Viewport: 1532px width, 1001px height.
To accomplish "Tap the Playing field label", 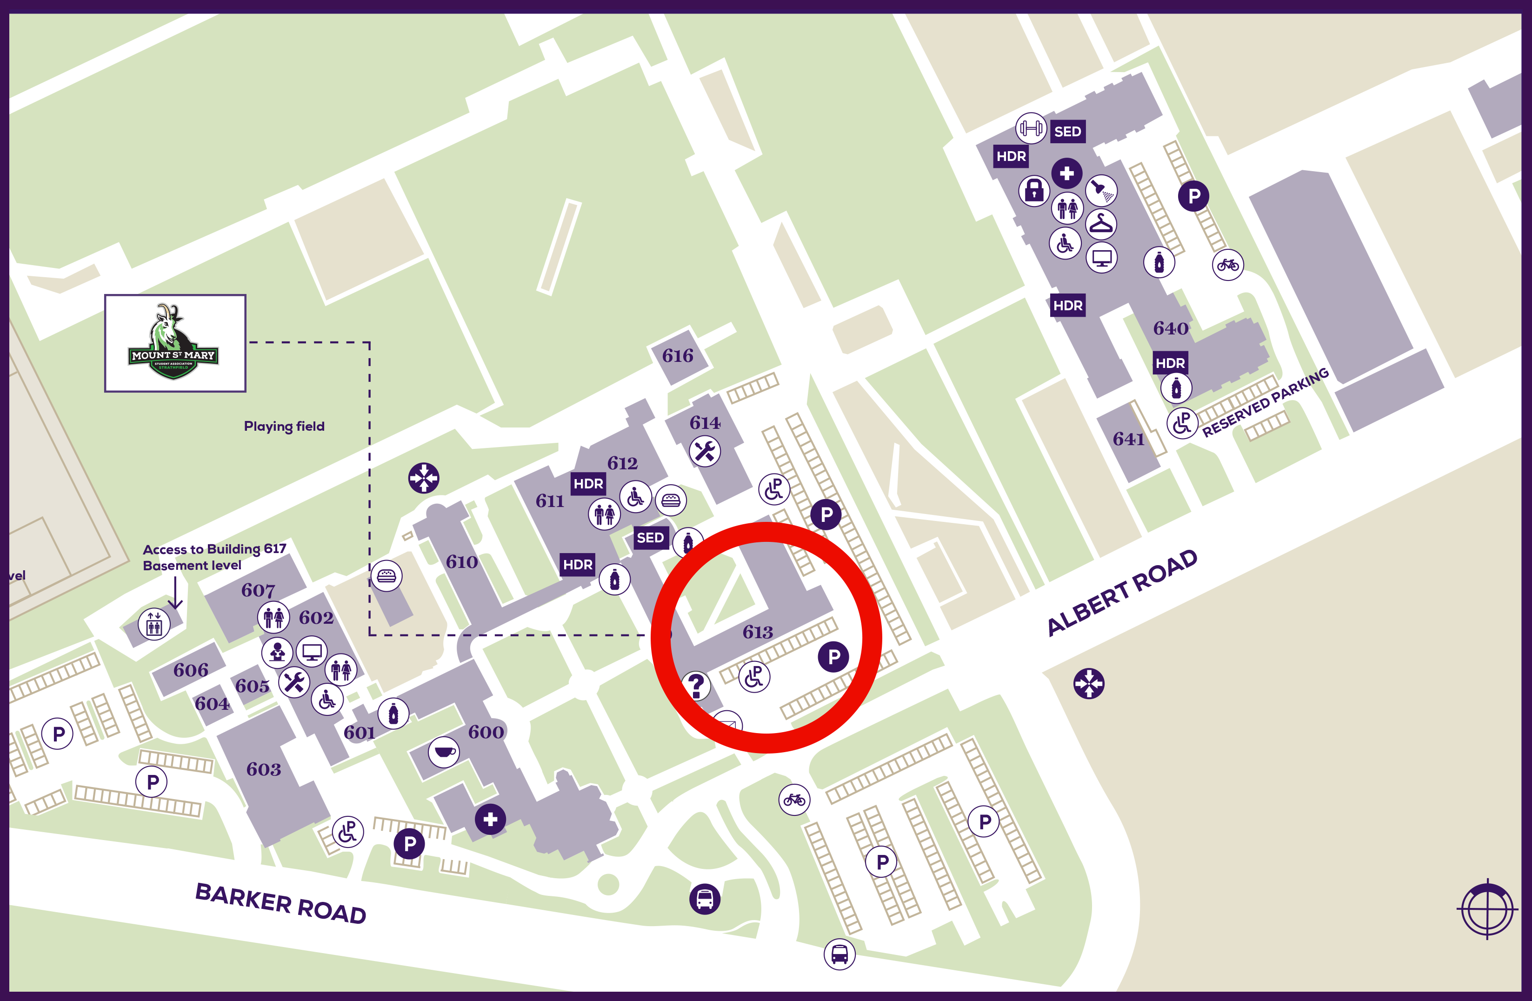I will click(284, 426).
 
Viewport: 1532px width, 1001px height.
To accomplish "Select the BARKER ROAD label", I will click(280, 903).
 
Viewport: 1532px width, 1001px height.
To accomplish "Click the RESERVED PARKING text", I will click(1265, 402).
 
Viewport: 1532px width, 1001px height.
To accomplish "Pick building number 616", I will click(678, 355).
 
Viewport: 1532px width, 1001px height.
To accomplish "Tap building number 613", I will click(758, 632).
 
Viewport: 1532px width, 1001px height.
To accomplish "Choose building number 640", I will click(1170, 328).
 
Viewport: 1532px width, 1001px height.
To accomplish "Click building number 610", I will click(461, 562).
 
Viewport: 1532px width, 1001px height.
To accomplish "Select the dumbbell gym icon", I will click(1031, 128).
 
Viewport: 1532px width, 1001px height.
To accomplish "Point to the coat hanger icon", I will click(1101, 224).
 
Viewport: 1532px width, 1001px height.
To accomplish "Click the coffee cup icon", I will click(444, 752).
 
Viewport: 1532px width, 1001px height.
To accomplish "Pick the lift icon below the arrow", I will click(154, 624).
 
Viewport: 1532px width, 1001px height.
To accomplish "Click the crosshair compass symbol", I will click(1487, 909).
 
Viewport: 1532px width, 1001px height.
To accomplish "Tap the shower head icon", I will click(1101, 191).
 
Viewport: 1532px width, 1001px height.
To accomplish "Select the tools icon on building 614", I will click(705, 451).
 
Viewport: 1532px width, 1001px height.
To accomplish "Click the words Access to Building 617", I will click(214, 549).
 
